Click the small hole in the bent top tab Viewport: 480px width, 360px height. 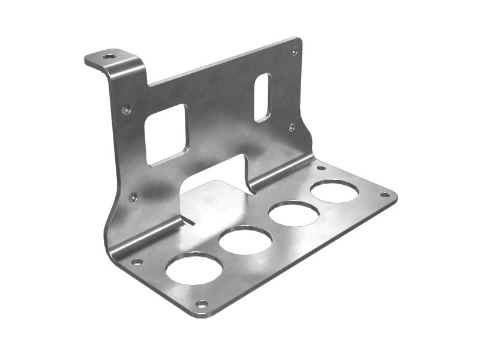click(x=109, y=56)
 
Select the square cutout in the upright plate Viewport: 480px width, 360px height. click(x=167, y=134)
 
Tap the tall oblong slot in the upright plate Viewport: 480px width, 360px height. click(x=262, y=97)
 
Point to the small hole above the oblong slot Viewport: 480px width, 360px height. click(x=294, y=51)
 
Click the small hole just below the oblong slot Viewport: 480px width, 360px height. click(x=291, y=127)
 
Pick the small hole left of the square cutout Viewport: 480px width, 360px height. click(x=125, y=109)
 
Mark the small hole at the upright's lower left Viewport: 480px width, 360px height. click(x=132, y=197)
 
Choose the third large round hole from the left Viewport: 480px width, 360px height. click(x=293, y=214)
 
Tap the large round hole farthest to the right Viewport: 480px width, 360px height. click(x=334, y=191)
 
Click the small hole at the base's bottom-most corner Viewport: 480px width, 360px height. click(x=202, y=304)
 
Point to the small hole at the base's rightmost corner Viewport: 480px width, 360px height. click(x=385, y=195)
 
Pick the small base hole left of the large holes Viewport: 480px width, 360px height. click(x=137, y=262)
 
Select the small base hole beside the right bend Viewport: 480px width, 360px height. click(x=320, y=168)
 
